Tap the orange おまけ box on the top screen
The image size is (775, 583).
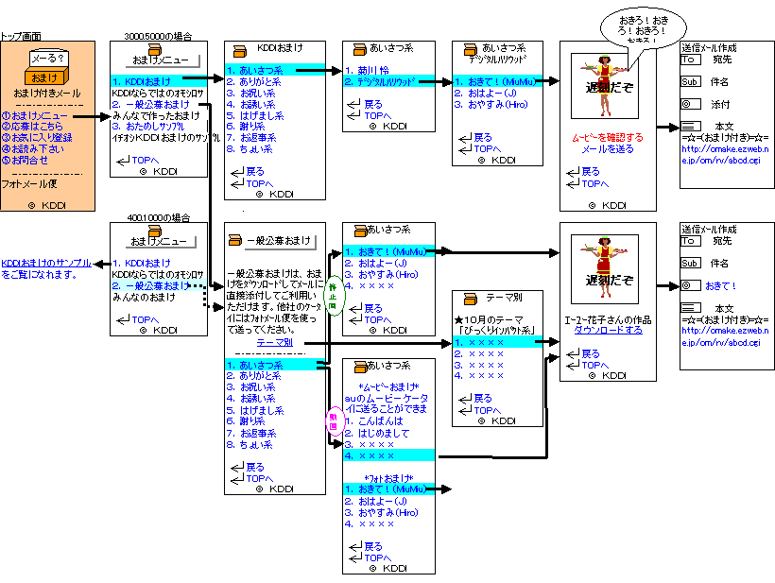pos(41,77)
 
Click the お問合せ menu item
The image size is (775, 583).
pos(29,161)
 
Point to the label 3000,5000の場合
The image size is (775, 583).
pos(158,36)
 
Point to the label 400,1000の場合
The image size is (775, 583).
pos(158,217)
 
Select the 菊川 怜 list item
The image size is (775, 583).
pos(375,70)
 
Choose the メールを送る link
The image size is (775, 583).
pos(607,149)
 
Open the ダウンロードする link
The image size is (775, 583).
pos(609,331)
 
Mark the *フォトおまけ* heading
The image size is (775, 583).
pos(388,477)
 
